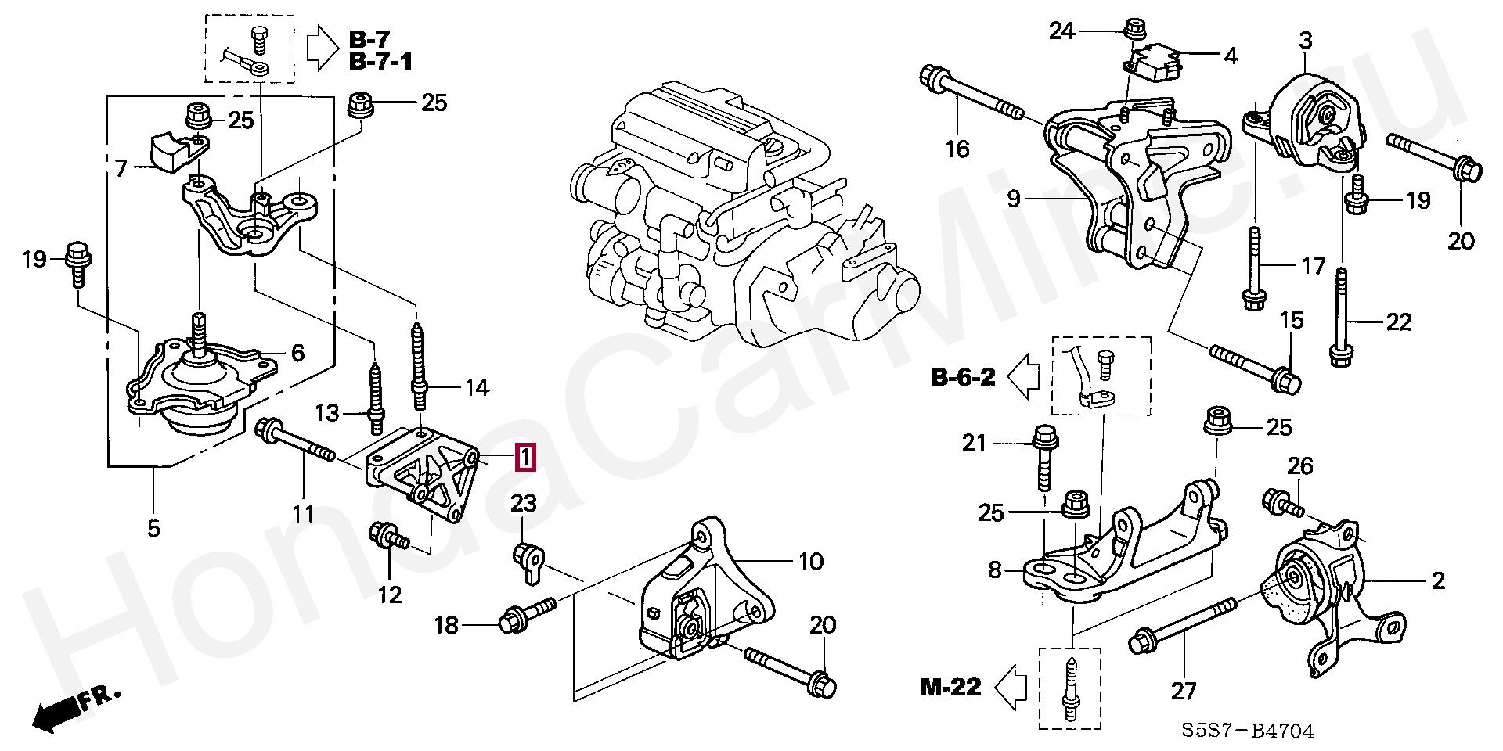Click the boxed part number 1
(524, 458)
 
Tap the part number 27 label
(1184, 691)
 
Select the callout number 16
(957, 148)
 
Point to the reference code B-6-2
(962, 378)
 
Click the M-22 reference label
(950, 688)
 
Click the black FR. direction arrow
(55, 713)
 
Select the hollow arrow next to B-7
(320, 49)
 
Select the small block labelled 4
(1155, 60)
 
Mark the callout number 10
(811, 561)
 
